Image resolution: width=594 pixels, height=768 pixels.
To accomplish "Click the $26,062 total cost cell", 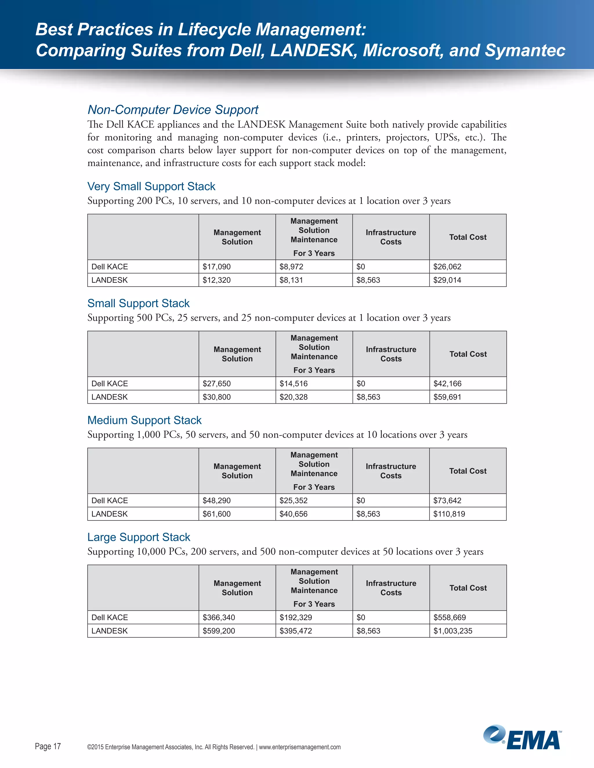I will [x=447, y=267].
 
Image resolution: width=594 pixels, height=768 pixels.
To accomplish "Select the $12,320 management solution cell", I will [x=216, y=280].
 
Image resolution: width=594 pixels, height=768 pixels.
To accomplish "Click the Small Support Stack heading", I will [x=138, y=303].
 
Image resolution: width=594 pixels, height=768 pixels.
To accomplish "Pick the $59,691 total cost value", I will [x=447, y=397].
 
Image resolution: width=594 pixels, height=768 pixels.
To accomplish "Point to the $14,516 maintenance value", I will [x=293, y=384].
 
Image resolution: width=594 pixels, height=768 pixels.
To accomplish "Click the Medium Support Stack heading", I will [x=144, y=420].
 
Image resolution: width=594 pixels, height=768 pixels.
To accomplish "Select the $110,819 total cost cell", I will [x=449, y=514].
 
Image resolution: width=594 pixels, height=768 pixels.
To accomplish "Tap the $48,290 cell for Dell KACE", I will [x=216, y=501].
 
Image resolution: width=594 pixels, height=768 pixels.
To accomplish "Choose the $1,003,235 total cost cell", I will [x=452, y=631].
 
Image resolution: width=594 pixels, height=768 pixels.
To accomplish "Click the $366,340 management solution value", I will [x=218, y=618].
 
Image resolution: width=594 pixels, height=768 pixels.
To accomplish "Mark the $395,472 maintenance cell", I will [x=296, y=631].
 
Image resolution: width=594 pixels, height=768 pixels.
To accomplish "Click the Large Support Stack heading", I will [x=139, y=537].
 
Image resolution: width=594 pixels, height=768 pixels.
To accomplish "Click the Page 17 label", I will [x=48, y=746].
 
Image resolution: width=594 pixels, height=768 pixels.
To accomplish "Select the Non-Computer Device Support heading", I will [x=173, y=110].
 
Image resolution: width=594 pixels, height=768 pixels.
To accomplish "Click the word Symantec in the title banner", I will [x=525, y=50].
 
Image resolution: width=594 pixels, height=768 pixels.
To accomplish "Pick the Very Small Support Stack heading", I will [x=151, y=186].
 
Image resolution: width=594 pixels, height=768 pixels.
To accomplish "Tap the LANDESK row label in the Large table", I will [x=109, y=631].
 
